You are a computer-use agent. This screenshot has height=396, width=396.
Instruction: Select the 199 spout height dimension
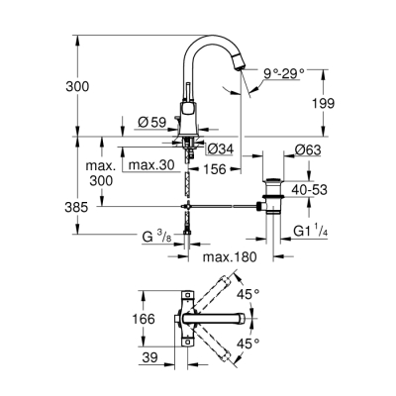[x=321, y=103]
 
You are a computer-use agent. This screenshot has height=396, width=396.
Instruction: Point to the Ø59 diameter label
[x=150, y=123]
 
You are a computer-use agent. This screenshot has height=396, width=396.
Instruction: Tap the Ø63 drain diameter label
[x=306, y=149]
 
